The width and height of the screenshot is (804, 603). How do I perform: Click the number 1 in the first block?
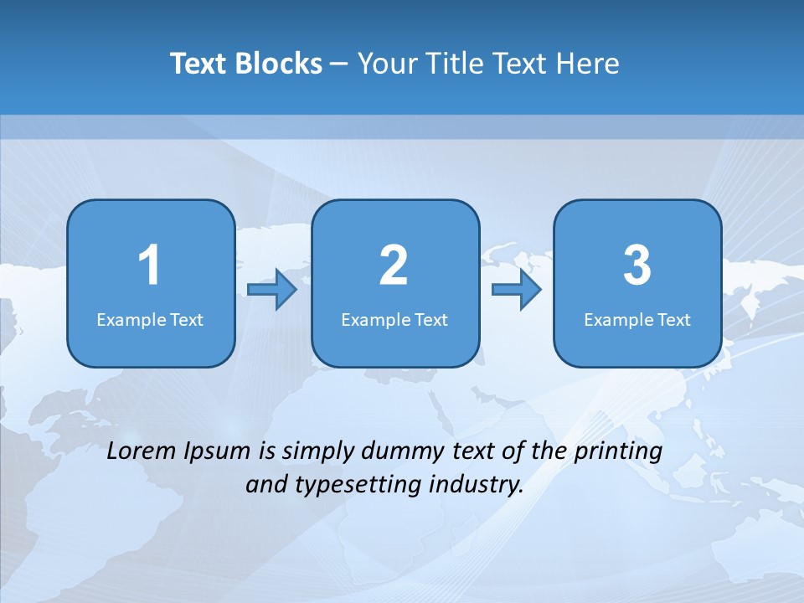click(149, 265)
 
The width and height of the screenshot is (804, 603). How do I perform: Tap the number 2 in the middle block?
click(394, 265)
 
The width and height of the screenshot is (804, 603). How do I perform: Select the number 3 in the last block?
click(637, 265)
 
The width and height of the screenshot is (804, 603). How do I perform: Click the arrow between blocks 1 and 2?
click(272, 290)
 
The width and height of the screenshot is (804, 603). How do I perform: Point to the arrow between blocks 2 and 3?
click(517, 290)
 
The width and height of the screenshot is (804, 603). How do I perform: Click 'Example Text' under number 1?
click(150, 320)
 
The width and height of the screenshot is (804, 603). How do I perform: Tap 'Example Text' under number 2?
click(394, 320)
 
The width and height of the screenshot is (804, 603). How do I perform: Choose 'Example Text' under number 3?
click(637, 320)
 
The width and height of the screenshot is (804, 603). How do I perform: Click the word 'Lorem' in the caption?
click(142, 451)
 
